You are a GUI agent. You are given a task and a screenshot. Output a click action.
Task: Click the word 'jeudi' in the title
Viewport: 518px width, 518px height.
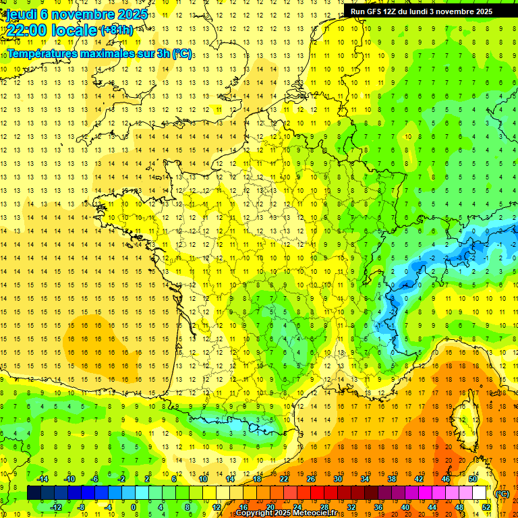(21, 13)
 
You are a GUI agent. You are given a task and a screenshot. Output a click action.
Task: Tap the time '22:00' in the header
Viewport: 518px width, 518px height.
(26, 30)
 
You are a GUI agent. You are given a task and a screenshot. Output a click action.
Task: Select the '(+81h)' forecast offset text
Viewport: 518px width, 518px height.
(116, 30)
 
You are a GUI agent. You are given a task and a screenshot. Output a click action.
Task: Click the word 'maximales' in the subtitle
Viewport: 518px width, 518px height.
(105, 54)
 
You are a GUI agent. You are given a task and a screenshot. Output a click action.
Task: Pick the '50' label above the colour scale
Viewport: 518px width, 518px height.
(473, 479)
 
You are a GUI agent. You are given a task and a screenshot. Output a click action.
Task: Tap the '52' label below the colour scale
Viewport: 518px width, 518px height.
(486, 507)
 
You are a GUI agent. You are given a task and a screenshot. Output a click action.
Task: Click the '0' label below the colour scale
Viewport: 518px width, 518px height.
(134, 507)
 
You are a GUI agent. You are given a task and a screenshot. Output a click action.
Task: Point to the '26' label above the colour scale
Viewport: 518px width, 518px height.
(310, 479)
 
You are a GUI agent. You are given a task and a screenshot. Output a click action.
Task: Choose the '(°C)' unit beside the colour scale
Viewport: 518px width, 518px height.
(502, 494)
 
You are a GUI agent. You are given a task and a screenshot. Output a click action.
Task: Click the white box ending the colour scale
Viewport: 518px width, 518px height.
(480, 493)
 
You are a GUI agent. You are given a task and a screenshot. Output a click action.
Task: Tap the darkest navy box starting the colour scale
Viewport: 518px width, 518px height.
(34, 493)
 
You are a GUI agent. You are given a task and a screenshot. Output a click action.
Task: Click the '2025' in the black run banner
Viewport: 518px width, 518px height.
(480, 11)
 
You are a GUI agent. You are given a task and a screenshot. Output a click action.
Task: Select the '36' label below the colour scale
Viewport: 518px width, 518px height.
(378, 507)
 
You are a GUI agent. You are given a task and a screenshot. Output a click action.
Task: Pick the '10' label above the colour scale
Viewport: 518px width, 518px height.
(203, 479)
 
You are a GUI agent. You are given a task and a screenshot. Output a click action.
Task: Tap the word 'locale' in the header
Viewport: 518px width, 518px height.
(70, 30)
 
